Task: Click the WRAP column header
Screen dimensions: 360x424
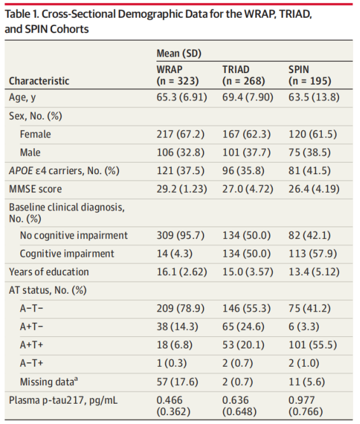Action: click(177, 75)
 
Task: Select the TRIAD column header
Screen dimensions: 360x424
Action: click(244, 75)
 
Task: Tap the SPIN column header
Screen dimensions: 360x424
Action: click(310, 75)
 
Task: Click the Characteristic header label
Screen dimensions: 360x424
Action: click(39, 81)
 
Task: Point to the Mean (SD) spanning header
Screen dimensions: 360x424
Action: click(179, 53)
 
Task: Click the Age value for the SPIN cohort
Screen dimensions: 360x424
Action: click(314, 97)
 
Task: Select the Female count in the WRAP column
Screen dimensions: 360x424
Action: click(181, 134)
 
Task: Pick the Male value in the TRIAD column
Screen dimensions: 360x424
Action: click(246, 152)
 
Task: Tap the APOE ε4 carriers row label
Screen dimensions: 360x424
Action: click(64, 170)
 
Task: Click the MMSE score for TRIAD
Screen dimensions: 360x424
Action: click(248, 189)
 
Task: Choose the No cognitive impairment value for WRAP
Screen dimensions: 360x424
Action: click(181, 235)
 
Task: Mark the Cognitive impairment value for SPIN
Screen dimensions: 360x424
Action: click(312, 254)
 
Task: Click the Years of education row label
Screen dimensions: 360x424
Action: click(49, 272)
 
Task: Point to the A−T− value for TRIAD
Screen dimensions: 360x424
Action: click(246, 308)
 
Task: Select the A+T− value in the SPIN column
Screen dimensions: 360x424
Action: click(304, 327)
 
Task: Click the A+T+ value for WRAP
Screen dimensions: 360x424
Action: click(174, 345)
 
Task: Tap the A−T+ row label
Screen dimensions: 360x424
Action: click(31, 363)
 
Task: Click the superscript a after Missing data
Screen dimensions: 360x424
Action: click(76, 379)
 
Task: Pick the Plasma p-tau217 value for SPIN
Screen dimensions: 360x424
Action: click(306, 406)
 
